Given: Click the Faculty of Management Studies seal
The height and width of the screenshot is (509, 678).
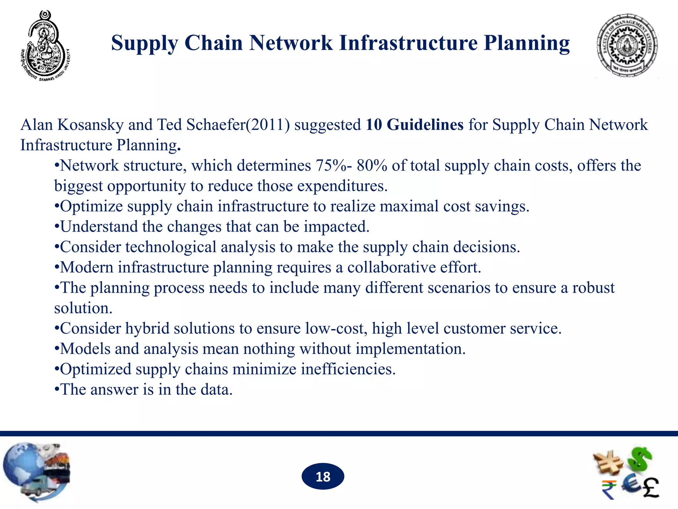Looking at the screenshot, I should pos(627,46).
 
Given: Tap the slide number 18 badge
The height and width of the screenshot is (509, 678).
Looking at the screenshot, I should pos(323,477).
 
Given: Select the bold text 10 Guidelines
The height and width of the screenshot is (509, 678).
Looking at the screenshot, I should pos(414,125).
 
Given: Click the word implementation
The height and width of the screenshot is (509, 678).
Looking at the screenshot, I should pos(411,349).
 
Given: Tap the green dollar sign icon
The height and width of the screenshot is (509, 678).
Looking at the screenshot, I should pos(641,459).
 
